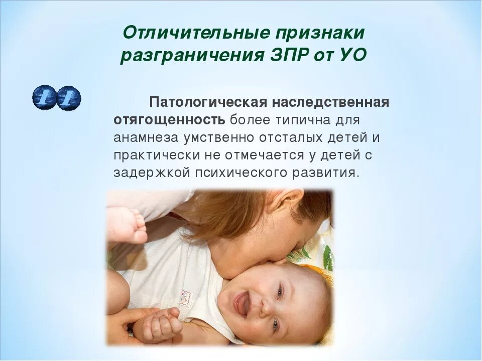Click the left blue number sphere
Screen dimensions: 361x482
pyautogui.click(x=44, y=98)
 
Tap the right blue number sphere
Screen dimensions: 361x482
pyautogui.click(x=68, y=98)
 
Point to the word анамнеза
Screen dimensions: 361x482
pyautogui.click(x=144, y=137)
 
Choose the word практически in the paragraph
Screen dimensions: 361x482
pyautogui.click(x=153, y=154)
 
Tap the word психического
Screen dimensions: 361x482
pyautogui.click(x=235, y=172)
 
